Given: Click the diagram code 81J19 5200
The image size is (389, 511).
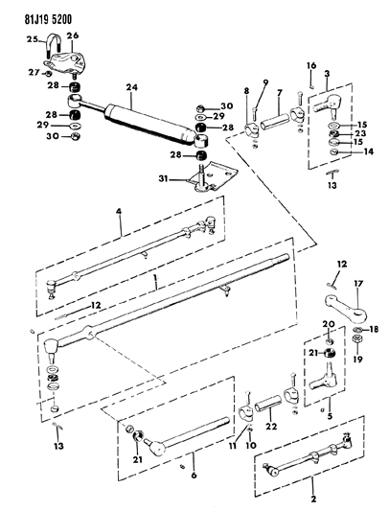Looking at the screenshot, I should pos(38,12).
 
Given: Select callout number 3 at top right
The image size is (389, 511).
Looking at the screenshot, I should pos(327,75).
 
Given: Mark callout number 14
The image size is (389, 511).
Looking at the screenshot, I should pos(369,151).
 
